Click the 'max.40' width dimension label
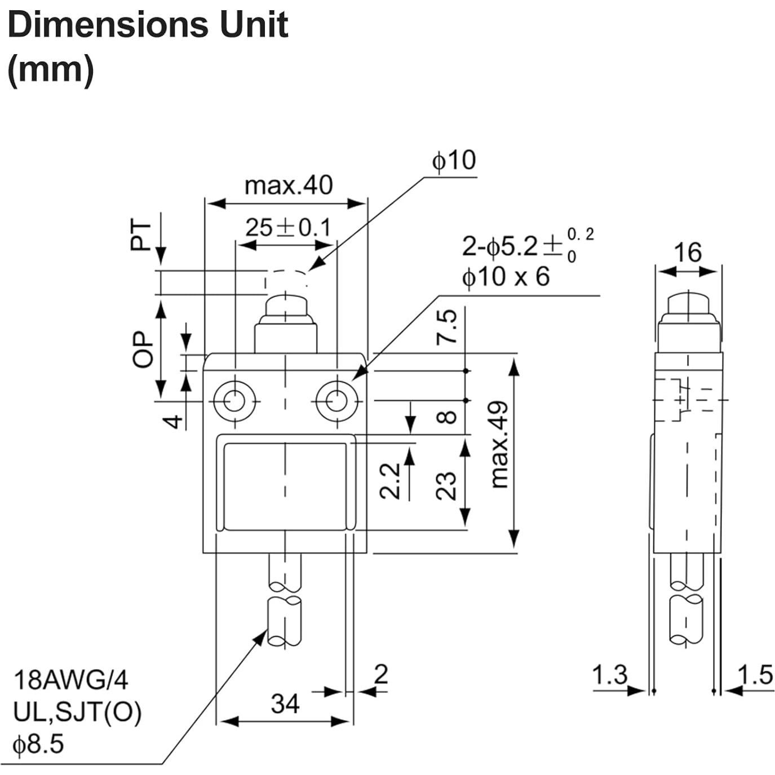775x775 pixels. (x=288, y=185)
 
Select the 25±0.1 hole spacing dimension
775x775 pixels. (x=288, y=228)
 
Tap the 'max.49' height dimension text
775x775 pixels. (x=500, y=445)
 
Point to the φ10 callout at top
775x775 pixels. (x=454, y=161)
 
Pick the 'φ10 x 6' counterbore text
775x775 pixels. (x=505, y=277)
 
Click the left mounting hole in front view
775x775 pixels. (x=234, y=401)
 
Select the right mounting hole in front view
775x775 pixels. (x=336, y=401)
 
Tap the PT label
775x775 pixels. (x=141, y=236)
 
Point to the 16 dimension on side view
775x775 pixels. (x=688, y=252)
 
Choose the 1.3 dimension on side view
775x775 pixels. (x=610, y=674)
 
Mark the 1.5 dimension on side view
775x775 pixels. (x=755, y=674)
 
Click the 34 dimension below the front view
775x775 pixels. (x=285, y=703)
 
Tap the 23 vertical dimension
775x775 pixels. (x=446, y=485)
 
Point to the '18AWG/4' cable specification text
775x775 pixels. (x=70, y=680)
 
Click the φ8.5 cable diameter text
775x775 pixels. (x=38, y=745)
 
